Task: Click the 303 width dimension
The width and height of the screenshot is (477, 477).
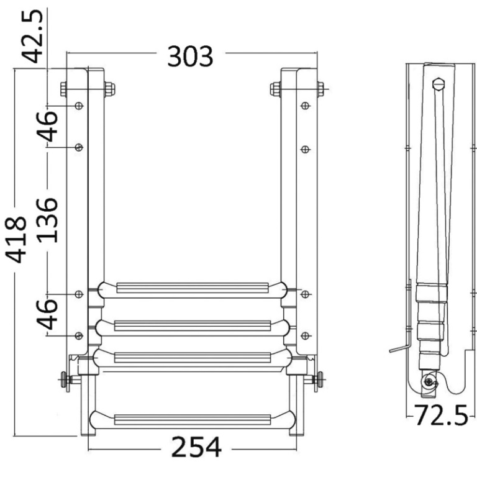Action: click(190, 57)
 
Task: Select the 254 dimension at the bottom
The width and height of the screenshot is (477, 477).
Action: click(196, 447)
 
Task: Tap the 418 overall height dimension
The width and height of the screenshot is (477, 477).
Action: click(16, 239)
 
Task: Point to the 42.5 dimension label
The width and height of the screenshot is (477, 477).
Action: click(32, 36)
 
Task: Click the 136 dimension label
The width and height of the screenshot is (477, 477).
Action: click(47, 220)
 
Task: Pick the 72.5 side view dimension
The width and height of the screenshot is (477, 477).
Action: click(441, 415)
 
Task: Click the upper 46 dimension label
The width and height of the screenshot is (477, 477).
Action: click(47, 127)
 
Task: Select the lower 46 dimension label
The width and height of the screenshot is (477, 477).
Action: click(47, 314)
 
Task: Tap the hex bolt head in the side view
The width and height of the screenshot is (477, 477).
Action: click(438, 84)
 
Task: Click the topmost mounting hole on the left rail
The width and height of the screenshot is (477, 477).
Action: click(79, 106)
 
